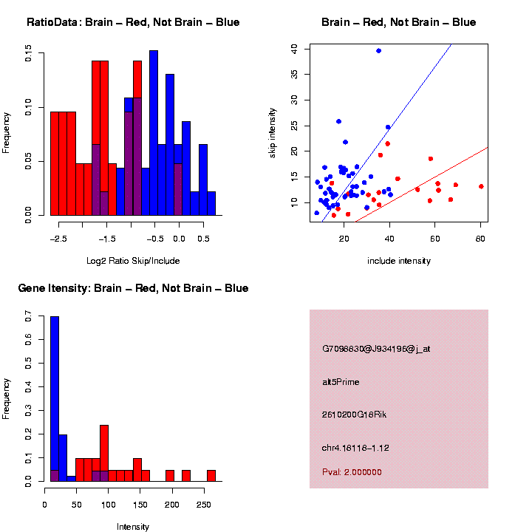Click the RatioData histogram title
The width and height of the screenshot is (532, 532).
click(133, 22)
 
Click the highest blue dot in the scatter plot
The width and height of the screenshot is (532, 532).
click(378, 50)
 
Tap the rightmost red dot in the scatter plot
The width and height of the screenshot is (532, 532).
click(481, 186)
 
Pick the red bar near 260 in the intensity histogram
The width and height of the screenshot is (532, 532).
click(211, 475)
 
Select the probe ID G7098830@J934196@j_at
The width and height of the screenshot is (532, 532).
click(376, 349)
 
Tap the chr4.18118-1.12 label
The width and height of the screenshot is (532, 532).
click(356, 448)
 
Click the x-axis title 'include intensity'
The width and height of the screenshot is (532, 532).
click(399, 261)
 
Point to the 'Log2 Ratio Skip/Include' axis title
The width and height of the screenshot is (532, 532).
click(132, 261)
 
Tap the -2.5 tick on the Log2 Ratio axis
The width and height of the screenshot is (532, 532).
click(59, 239)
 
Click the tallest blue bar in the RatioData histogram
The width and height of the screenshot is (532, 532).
click(154, 133)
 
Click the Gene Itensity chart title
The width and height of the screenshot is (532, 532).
click(133, 288)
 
